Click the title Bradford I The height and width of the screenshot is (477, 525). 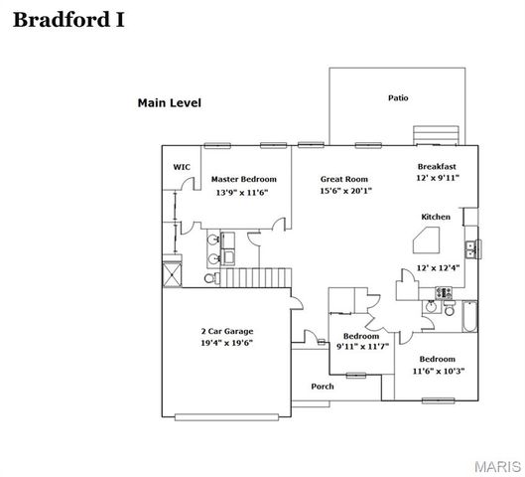pyautogui.click(x=68, y=20)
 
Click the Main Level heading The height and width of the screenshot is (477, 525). pyautogui.click(x=169, y=102)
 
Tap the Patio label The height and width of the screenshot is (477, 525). pyautogui.click(x=397, y=97)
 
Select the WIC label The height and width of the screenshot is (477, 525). pyautogui.click(x=182, y=167)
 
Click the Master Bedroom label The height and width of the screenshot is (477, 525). pyautogui.click(x=244, y=179)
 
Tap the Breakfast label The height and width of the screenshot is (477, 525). pyautogui.click(x=437, y=166)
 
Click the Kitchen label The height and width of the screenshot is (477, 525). pyautogui.click(x=436, y=217)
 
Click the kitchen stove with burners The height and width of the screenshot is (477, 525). pyautogui.click(x=444, y=292)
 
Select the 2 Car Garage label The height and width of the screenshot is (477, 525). pyautogui.click(x=227, y=330)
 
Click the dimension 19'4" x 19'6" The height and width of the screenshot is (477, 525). pyautogui.click(x=227, y=343)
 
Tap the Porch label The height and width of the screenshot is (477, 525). pyautogui.click(x=323, y=387)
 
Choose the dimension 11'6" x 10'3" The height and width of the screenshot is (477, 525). pyautogui.click(x=437, y=370)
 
